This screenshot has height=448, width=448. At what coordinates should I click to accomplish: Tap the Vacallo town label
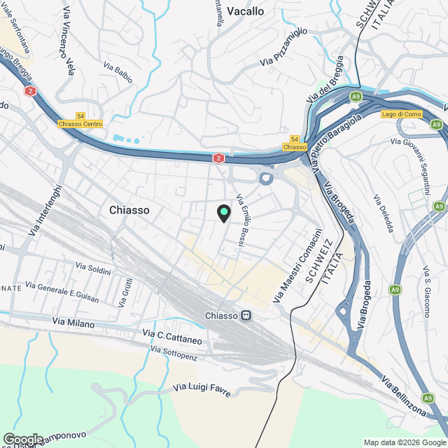pyautogui.click(x=246, y=11)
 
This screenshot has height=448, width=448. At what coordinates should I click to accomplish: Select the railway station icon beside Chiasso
pyautogui.click(x=246, y=316)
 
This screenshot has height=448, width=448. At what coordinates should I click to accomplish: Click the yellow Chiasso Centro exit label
pyautogui.click(x=80, y=124)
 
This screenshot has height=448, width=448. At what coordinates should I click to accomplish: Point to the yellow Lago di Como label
pyautogui.click(x=402, y=114)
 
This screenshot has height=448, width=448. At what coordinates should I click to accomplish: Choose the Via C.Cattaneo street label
pyautogui.click(x=172, y=337)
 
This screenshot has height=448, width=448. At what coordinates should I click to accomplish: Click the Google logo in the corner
pyautogui.click(x=23, y=439)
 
